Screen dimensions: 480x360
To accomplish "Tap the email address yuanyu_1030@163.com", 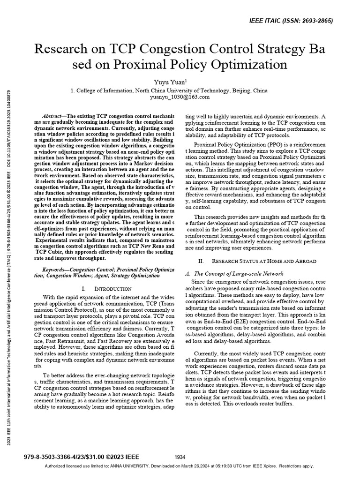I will tap(180, 97).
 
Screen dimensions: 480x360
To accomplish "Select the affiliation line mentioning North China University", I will tap(180, 90).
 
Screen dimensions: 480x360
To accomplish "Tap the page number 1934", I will tap(180, 457).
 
